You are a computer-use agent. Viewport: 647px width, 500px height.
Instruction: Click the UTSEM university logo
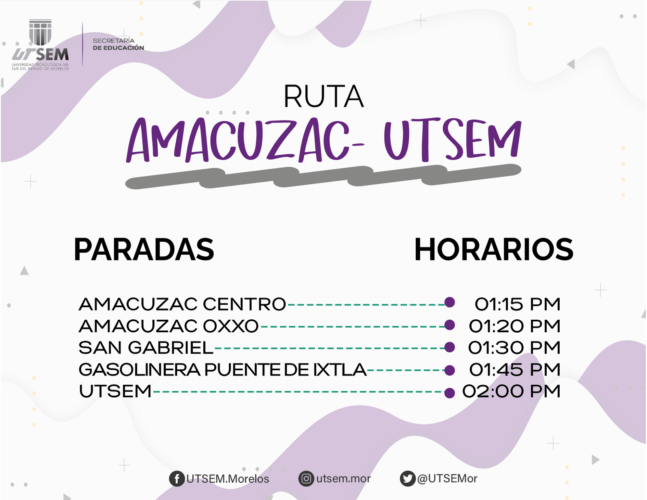pyautogui.click(x=40, y=44)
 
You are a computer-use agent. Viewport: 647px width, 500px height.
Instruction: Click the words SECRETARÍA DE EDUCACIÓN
pyautogui.click(x=118, y=44)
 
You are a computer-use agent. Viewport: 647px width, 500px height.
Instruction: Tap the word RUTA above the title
pyautogui.click(x=323, y=97)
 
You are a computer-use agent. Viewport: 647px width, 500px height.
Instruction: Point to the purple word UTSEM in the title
pyautogui.click(x=452, y=139)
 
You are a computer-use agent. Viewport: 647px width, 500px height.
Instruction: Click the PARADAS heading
pyautogui.click(x=144, y=249)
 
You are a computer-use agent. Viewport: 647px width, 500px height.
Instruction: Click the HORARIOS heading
pyautogui.click(x=494, y=249)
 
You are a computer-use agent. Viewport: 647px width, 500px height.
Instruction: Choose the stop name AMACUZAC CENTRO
pyautogui.click(x=182, y=304)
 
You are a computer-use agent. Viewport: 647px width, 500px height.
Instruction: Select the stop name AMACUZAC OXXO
pyautogui.click(x=169, y=326)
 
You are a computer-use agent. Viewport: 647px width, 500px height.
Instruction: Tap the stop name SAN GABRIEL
pyautogui.click(x=146, y=348)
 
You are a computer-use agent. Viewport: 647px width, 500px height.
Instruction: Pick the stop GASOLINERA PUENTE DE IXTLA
pyautogui.click(x=222, y=369)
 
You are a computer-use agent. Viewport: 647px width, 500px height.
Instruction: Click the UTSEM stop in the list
pyautogui.click(x=115, y=391)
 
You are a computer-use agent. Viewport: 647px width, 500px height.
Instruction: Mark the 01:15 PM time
pyautogui.click(x=518, y=304)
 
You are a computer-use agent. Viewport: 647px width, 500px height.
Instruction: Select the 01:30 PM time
pyautogui.click(x=514, y=348)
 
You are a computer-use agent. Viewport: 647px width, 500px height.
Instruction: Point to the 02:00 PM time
pyautogui.click(x=511, y=391)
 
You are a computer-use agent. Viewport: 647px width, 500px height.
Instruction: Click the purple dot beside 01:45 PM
pyautogui.click(x=450, y=371)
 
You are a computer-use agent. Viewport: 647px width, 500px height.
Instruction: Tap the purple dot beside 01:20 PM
pyautogui.click(x=450, y=325)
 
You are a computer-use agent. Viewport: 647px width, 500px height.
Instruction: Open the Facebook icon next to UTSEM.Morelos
pyautogui.click(x=177, y=479)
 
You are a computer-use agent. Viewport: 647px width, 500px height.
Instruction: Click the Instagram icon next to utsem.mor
pyautogui.click(x=306, y=479)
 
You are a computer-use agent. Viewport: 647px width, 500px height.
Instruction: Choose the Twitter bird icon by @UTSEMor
pyautogui.click(x=408, y=479)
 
